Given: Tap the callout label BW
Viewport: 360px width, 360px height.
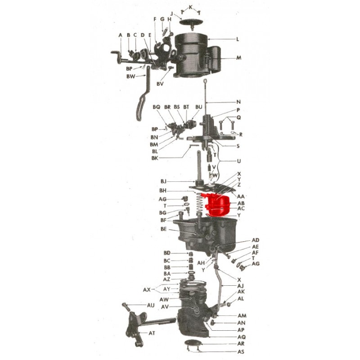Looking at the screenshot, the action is (131, 76).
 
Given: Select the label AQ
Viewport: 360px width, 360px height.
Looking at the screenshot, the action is (242, 337).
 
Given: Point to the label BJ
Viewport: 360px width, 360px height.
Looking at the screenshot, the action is (163, 182).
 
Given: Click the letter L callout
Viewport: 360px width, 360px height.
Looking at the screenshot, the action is (238, 39).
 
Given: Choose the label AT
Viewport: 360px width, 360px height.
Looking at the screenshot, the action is (152, 333).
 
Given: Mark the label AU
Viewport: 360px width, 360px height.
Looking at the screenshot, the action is (151, 306).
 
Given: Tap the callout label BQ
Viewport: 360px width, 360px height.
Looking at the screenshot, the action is (156, 107).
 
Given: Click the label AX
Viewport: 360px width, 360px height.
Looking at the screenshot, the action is (147, 290).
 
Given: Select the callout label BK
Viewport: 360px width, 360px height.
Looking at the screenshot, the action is (155, 158).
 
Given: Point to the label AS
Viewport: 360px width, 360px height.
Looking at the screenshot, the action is (241, 351).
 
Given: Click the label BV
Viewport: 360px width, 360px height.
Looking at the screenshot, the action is (160, 84).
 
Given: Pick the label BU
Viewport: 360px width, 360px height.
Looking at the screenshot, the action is (199, 107).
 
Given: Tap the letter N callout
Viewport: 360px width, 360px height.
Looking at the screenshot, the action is (238, 102).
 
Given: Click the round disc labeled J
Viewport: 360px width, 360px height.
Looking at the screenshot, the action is (190, 22).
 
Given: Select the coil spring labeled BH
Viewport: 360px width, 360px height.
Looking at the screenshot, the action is (199, 203).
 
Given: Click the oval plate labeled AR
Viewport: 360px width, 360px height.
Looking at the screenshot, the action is (193, 343).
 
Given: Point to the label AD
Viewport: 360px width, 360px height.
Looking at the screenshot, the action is (256, 240).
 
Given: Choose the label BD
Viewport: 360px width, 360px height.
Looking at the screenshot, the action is (167, 253).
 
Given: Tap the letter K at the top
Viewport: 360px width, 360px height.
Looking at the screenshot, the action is (190, 7).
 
